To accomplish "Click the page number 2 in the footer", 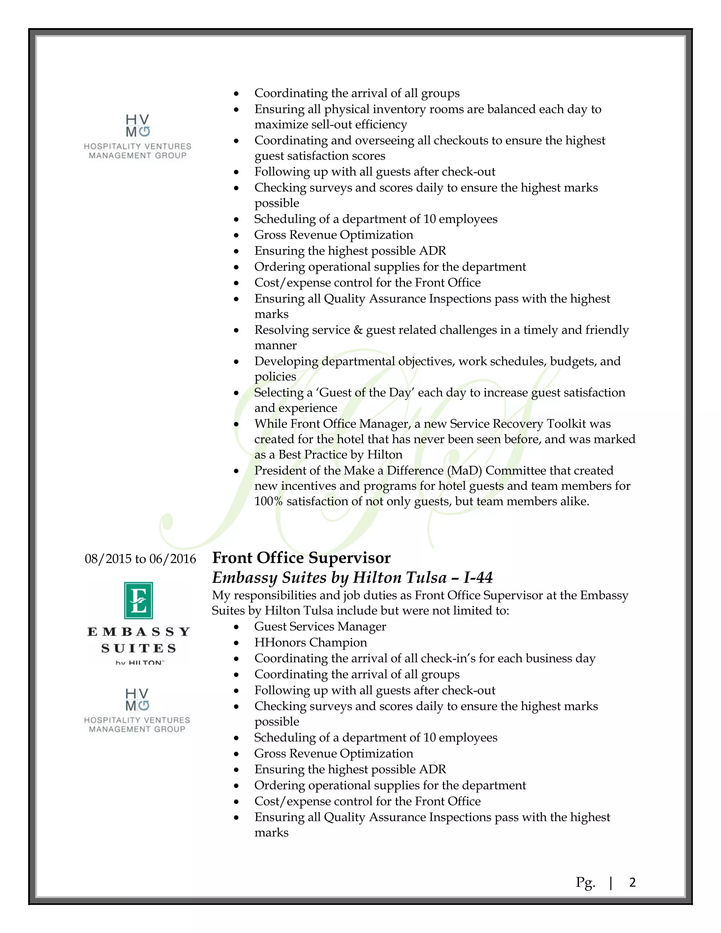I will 632,882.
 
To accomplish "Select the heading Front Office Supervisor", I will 301,558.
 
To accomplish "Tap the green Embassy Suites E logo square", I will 138,600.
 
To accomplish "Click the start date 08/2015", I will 108,559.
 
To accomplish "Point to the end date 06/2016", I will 173,559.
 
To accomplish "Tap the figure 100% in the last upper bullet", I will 268,501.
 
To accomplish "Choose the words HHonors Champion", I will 311,643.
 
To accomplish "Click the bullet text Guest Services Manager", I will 320,627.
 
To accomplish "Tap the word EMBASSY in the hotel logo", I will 138,632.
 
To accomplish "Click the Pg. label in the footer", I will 585,883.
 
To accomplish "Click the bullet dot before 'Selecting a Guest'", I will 236,393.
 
